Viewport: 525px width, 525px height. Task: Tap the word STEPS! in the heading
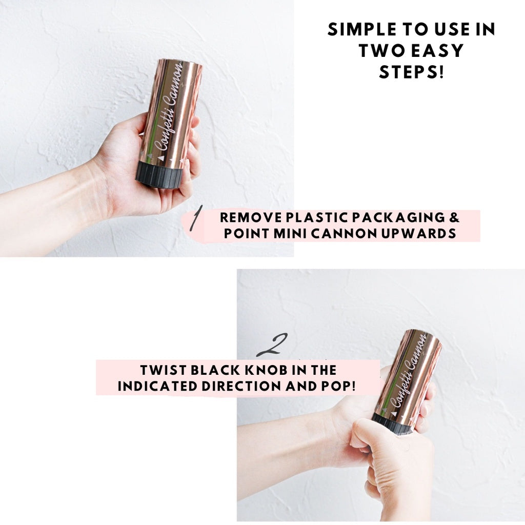(x=412, y=72)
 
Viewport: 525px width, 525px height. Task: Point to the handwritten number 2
(x=272, y=345)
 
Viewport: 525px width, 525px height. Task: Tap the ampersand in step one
(x=454, y=217)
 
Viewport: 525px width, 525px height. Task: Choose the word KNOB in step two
(x=266, y=370)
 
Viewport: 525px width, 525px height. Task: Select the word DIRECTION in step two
(x=241, y=386)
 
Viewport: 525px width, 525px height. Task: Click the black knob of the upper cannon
(x=159, y=175)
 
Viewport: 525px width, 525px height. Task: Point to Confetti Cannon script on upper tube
(x=169, y=107)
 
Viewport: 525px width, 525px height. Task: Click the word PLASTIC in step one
(x=316, y=217)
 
